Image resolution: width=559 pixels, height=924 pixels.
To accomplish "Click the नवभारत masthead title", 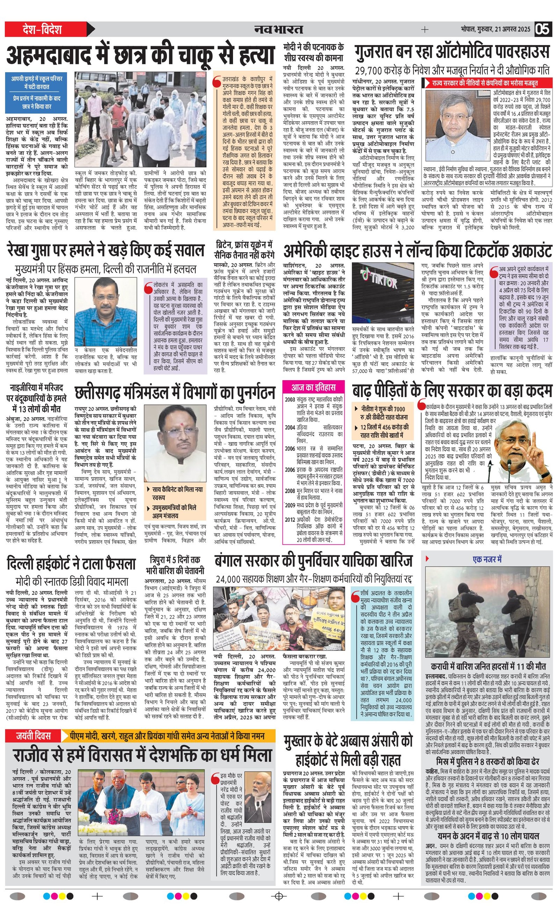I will click(278, 29).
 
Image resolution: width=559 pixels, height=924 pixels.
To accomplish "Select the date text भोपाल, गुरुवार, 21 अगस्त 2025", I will click(496, 29).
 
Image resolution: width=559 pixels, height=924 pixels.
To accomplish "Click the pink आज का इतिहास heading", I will click(313, 387).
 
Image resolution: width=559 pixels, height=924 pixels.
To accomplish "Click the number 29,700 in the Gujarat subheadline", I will click(373, 70).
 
